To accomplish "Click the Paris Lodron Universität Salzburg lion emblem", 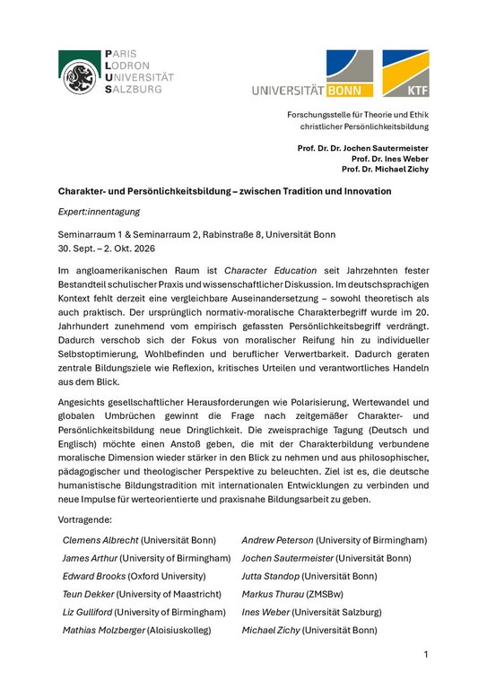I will click(79, 73).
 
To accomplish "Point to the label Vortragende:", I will click(85, 519).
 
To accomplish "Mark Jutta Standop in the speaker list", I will click(270, 576).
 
